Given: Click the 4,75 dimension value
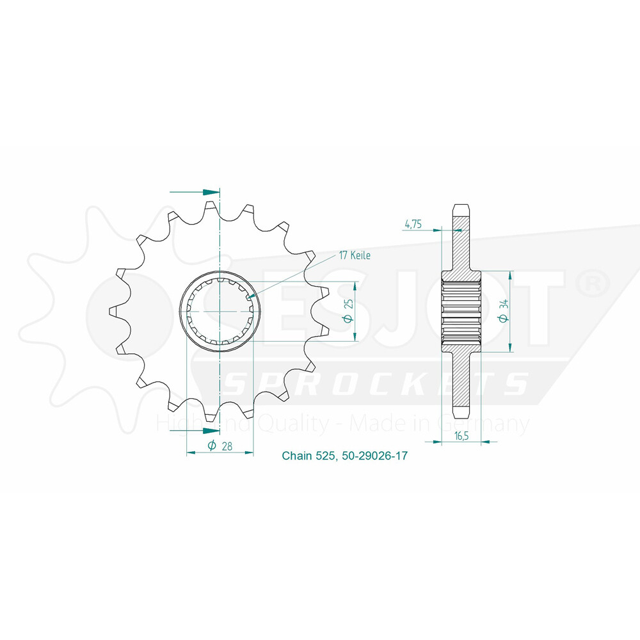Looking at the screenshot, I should click(412, 225).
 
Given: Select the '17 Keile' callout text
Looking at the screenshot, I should click(355, 255).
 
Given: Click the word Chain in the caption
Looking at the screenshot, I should click(298, 456).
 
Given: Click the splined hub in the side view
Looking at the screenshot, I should click(461, 311).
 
